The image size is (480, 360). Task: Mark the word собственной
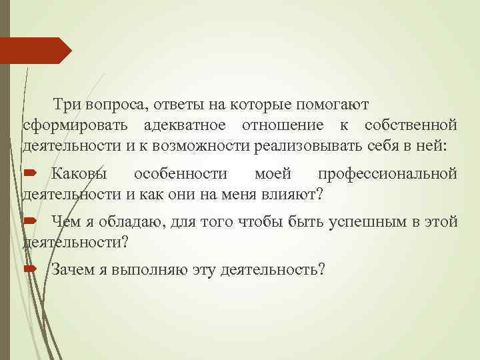pos(411,125)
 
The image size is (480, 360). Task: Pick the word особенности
pos(180,175)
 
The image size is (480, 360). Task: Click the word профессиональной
pos(387,175)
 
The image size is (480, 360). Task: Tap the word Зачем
pos(71,269)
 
